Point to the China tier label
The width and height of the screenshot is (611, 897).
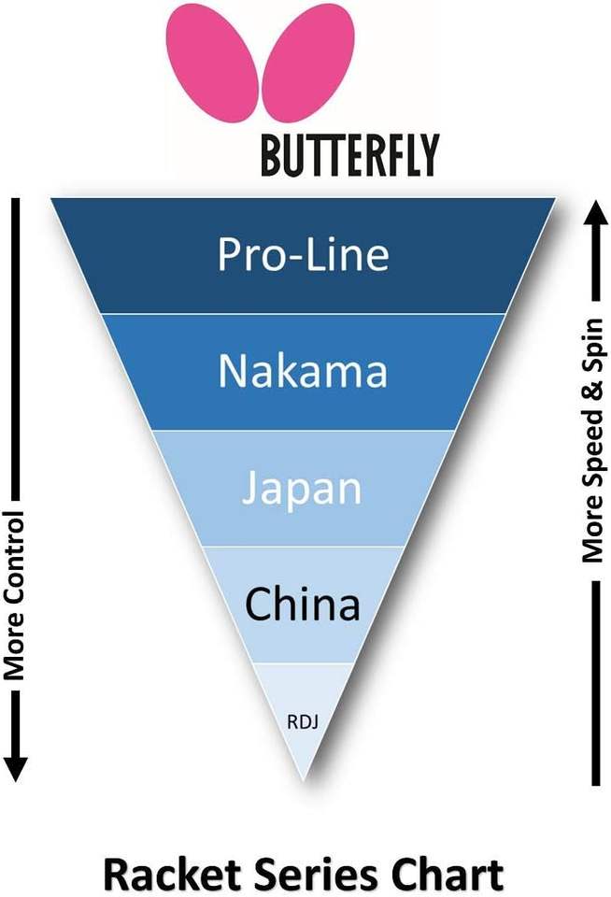click(x=302, y=605)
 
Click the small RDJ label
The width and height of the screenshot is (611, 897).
click(x=301, y=721)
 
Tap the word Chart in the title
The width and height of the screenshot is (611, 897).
click(x=445, y=875)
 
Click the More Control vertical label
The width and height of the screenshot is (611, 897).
click(x=13, y=595)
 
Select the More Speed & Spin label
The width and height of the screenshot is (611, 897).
click(x=593, y=441)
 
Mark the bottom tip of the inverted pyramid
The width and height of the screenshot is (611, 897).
click(x=302, y=778)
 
